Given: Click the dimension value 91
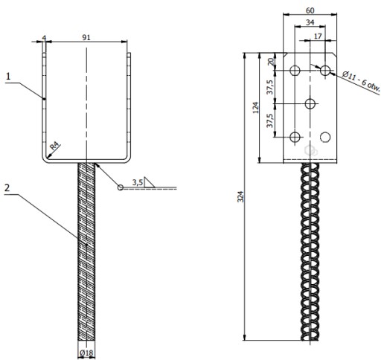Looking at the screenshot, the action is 86,37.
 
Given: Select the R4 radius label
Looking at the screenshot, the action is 54,146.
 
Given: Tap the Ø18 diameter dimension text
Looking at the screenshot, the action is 86,353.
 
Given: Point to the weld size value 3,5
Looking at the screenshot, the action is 138,182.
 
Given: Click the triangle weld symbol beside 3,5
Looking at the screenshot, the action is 150,182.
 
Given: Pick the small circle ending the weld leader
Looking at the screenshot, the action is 121,187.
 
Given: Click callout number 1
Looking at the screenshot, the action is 8,76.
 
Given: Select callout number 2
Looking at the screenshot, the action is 7,187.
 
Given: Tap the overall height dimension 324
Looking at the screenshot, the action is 241,196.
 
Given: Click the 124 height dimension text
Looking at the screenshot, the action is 255,108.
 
